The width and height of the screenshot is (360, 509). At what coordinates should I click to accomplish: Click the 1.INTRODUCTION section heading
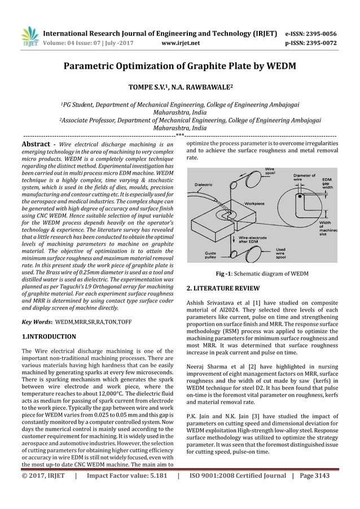tap(49, 336)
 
